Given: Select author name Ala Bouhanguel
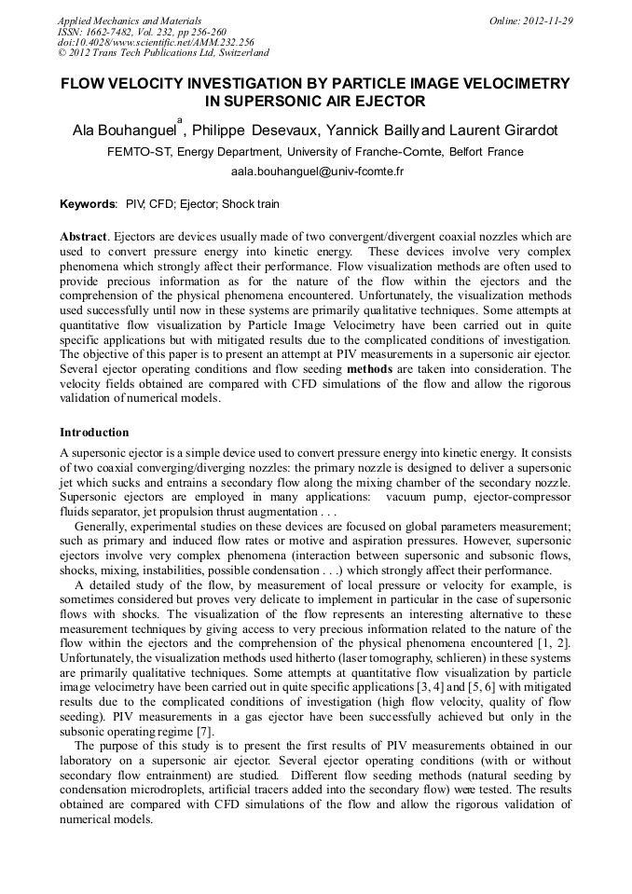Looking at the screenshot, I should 123,131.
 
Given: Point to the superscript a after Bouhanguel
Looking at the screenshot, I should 179,120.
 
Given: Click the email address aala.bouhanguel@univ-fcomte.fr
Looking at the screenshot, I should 316,172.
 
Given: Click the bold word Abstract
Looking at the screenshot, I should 85,237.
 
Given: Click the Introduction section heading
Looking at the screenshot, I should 94,433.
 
